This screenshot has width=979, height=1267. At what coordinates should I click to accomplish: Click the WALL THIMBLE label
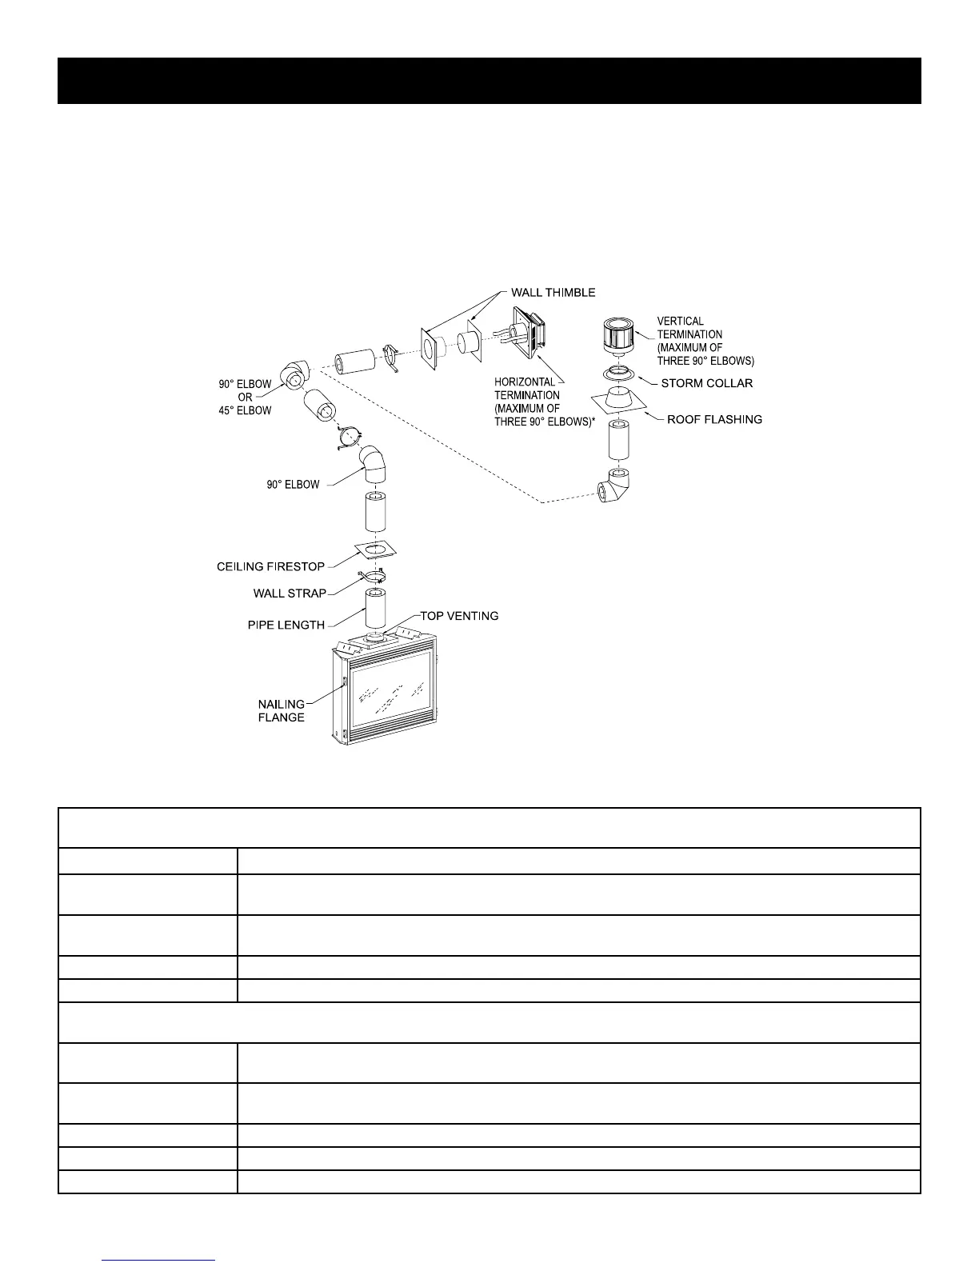[553, 292]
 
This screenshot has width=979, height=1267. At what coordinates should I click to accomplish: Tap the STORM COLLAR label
[706, 383]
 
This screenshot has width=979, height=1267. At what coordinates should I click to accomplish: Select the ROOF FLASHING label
[714, 419]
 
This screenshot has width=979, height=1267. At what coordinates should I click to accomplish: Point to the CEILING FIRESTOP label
[270, 567]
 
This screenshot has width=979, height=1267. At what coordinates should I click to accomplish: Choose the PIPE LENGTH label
[286, 625]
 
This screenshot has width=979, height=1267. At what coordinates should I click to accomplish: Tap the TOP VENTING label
[459, 616]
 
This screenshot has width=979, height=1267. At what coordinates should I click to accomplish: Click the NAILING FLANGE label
[281, 710]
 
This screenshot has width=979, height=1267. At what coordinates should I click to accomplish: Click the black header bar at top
[489, 81]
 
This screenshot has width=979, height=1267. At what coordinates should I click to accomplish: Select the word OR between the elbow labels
[245, 398]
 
